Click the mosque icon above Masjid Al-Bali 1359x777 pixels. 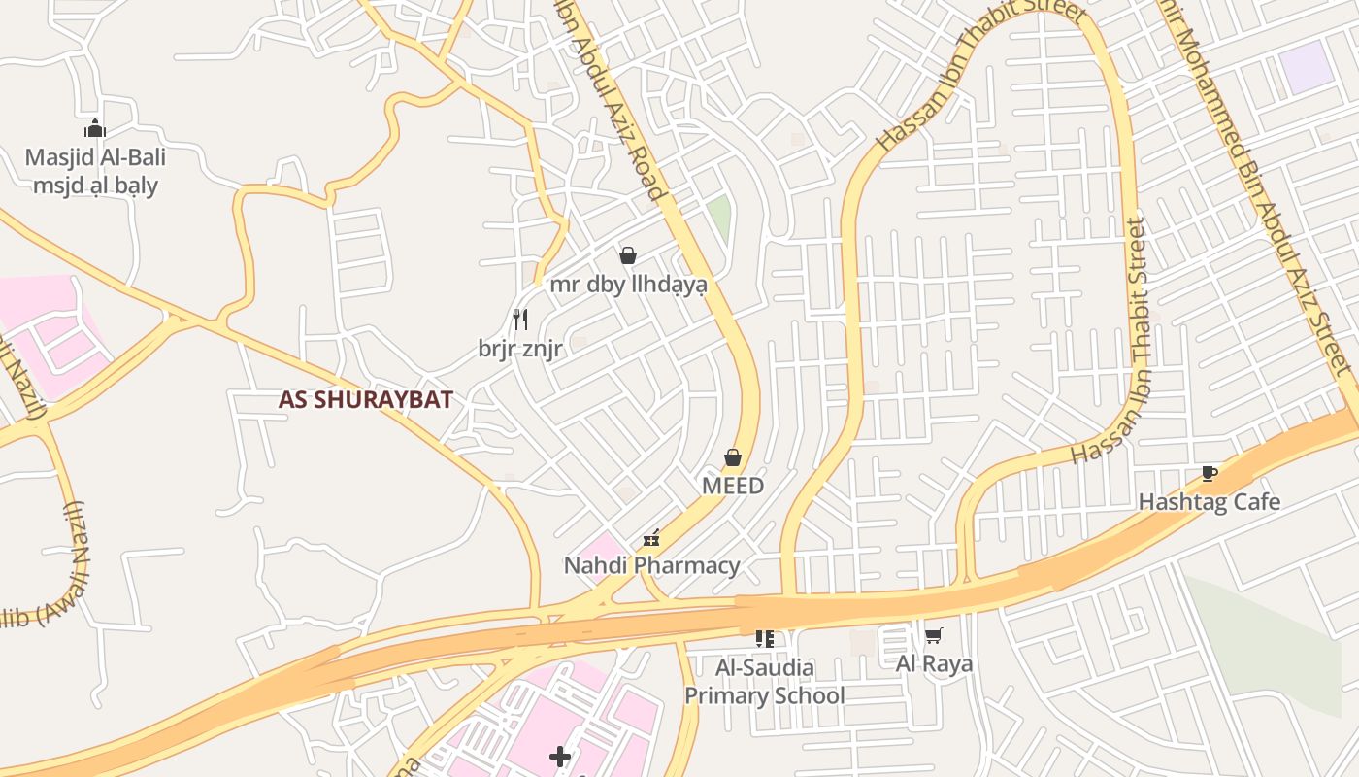(94, 128)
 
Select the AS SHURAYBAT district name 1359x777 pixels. (365, 399)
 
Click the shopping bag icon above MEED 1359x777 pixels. (733, 457)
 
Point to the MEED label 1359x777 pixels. (733, 485)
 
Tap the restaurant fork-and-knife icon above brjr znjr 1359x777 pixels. (520, 319)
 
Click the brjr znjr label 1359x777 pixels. (520, 349)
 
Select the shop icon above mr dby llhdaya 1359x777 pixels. (628, 255)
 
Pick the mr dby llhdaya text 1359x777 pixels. (628, 285)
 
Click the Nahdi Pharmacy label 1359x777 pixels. (651, 565)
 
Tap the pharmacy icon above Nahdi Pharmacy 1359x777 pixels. (651, 538)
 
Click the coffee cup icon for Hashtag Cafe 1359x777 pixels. (1209, 474)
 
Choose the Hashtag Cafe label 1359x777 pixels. (1209, 502)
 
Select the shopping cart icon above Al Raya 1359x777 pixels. (933, 636)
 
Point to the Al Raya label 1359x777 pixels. (933, 664)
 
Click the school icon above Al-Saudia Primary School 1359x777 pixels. (764, 638)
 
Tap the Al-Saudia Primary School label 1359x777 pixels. (764, 682)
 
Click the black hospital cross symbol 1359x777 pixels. (560, 756)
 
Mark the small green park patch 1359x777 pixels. (719, 217)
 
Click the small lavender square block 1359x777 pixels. (1305, 67)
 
